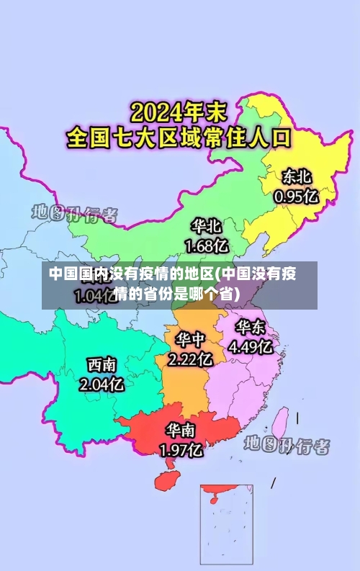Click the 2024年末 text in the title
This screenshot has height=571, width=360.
178,113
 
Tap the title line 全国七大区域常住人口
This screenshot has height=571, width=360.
178,137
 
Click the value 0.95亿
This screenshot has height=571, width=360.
295,195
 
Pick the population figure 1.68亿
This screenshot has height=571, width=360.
207,246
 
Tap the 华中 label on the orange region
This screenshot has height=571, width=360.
190,339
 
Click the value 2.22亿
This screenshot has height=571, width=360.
190,358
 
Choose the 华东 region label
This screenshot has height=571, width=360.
250,328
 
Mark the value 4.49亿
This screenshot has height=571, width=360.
250,347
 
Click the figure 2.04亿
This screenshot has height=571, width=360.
102,385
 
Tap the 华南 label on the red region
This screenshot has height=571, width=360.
181,431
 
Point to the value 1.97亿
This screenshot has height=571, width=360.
181,451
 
